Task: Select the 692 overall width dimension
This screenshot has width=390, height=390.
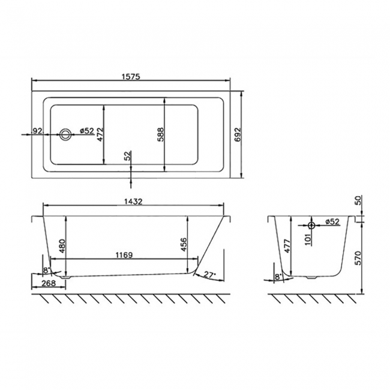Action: tap(238, 133)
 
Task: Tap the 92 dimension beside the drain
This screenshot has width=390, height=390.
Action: tap(37, 130)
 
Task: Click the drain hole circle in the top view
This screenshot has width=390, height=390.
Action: tap(65, 134)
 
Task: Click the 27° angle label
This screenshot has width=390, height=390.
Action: tap(209, 274)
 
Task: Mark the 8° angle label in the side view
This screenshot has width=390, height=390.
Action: tap(46, 271)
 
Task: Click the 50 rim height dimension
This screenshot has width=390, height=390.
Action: tap(358, 201)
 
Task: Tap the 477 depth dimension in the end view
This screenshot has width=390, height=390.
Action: tap(286, 247)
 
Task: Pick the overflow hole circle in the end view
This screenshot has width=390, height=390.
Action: tap(311, 225)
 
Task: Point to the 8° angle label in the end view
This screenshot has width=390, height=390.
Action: tap(277, 276)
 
